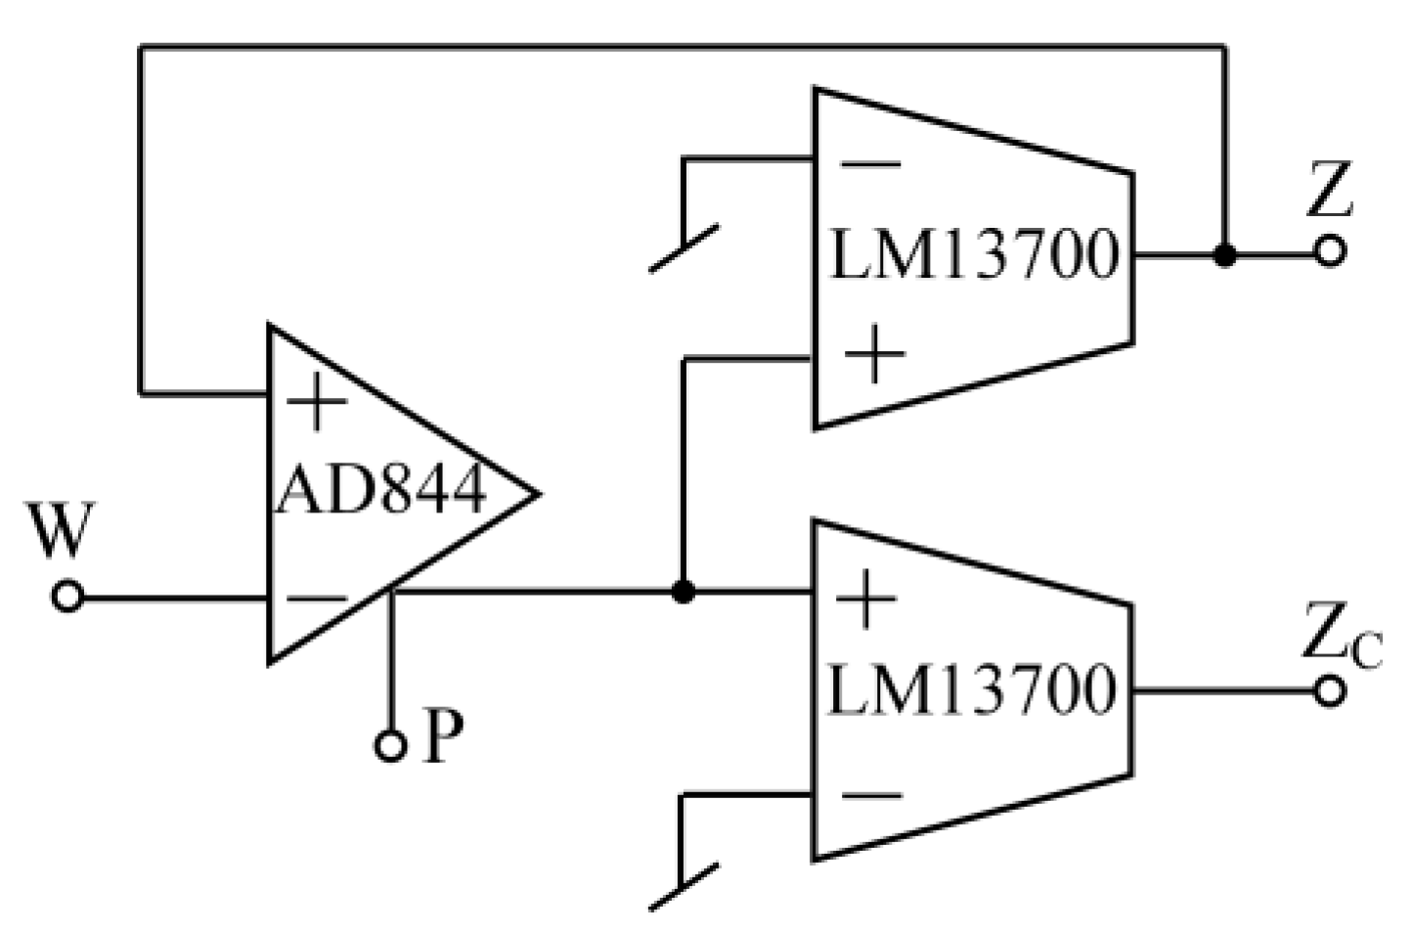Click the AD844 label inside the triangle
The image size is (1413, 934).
[x=381, y=490]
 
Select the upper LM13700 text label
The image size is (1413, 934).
[x=973, y=255]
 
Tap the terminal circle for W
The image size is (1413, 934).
[x=67, y=597]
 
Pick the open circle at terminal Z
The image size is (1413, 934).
[x=1329, y=252]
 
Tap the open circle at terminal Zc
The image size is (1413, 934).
[x=1329, y=691]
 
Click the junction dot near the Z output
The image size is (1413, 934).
[x=1224, y=255]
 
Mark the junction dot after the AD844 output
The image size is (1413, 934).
[x=684, y=592]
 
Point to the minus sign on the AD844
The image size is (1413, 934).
[x=317, y=598]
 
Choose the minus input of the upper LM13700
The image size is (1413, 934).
[x=870, y=163]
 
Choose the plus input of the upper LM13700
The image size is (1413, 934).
[x=873, y=355]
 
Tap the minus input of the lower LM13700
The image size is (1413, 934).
[x=870, y=795]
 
